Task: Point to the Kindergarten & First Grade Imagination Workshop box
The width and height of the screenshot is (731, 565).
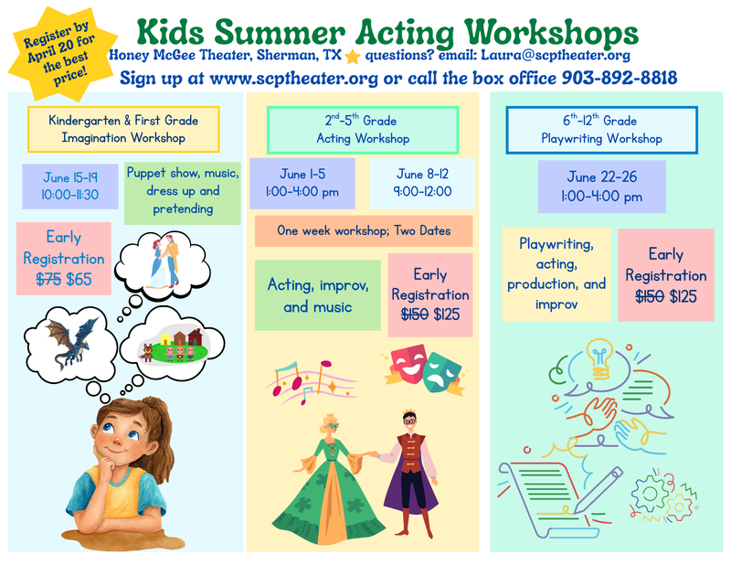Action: pos(123,129)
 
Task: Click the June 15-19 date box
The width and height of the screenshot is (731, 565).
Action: pos(69,187)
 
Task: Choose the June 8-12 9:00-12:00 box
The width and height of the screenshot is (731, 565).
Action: pos(423,184)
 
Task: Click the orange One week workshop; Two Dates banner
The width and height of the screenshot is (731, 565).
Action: pos(364,231)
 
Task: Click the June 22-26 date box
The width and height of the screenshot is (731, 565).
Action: pos(601,187)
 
